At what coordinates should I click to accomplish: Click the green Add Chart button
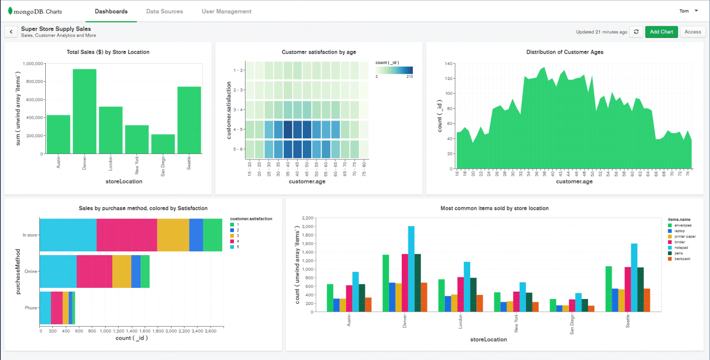[x=661, y=32]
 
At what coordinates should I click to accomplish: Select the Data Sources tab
[x=165, y=11]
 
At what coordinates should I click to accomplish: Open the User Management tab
[x=226, y=11]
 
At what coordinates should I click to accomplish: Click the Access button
[x=692, y=32]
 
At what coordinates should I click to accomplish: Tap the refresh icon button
[x=636, y=32]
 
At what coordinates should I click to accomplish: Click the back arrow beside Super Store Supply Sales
[x=11, y=32]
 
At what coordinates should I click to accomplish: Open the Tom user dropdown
[x=689, y=11]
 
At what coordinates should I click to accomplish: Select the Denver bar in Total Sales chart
[x=85, y=111]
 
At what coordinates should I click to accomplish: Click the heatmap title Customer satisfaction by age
[x=318, y=52]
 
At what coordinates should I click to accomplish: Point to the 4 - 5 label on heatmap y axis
[x=239, y=130]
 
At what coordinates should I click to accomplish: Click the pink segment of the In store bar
[x=127, y=235]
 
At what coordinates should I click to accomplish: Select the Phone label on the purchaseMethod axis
[x=31, y=308]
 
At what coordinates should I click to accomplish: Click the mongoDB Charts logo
[x=35, y=11]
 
